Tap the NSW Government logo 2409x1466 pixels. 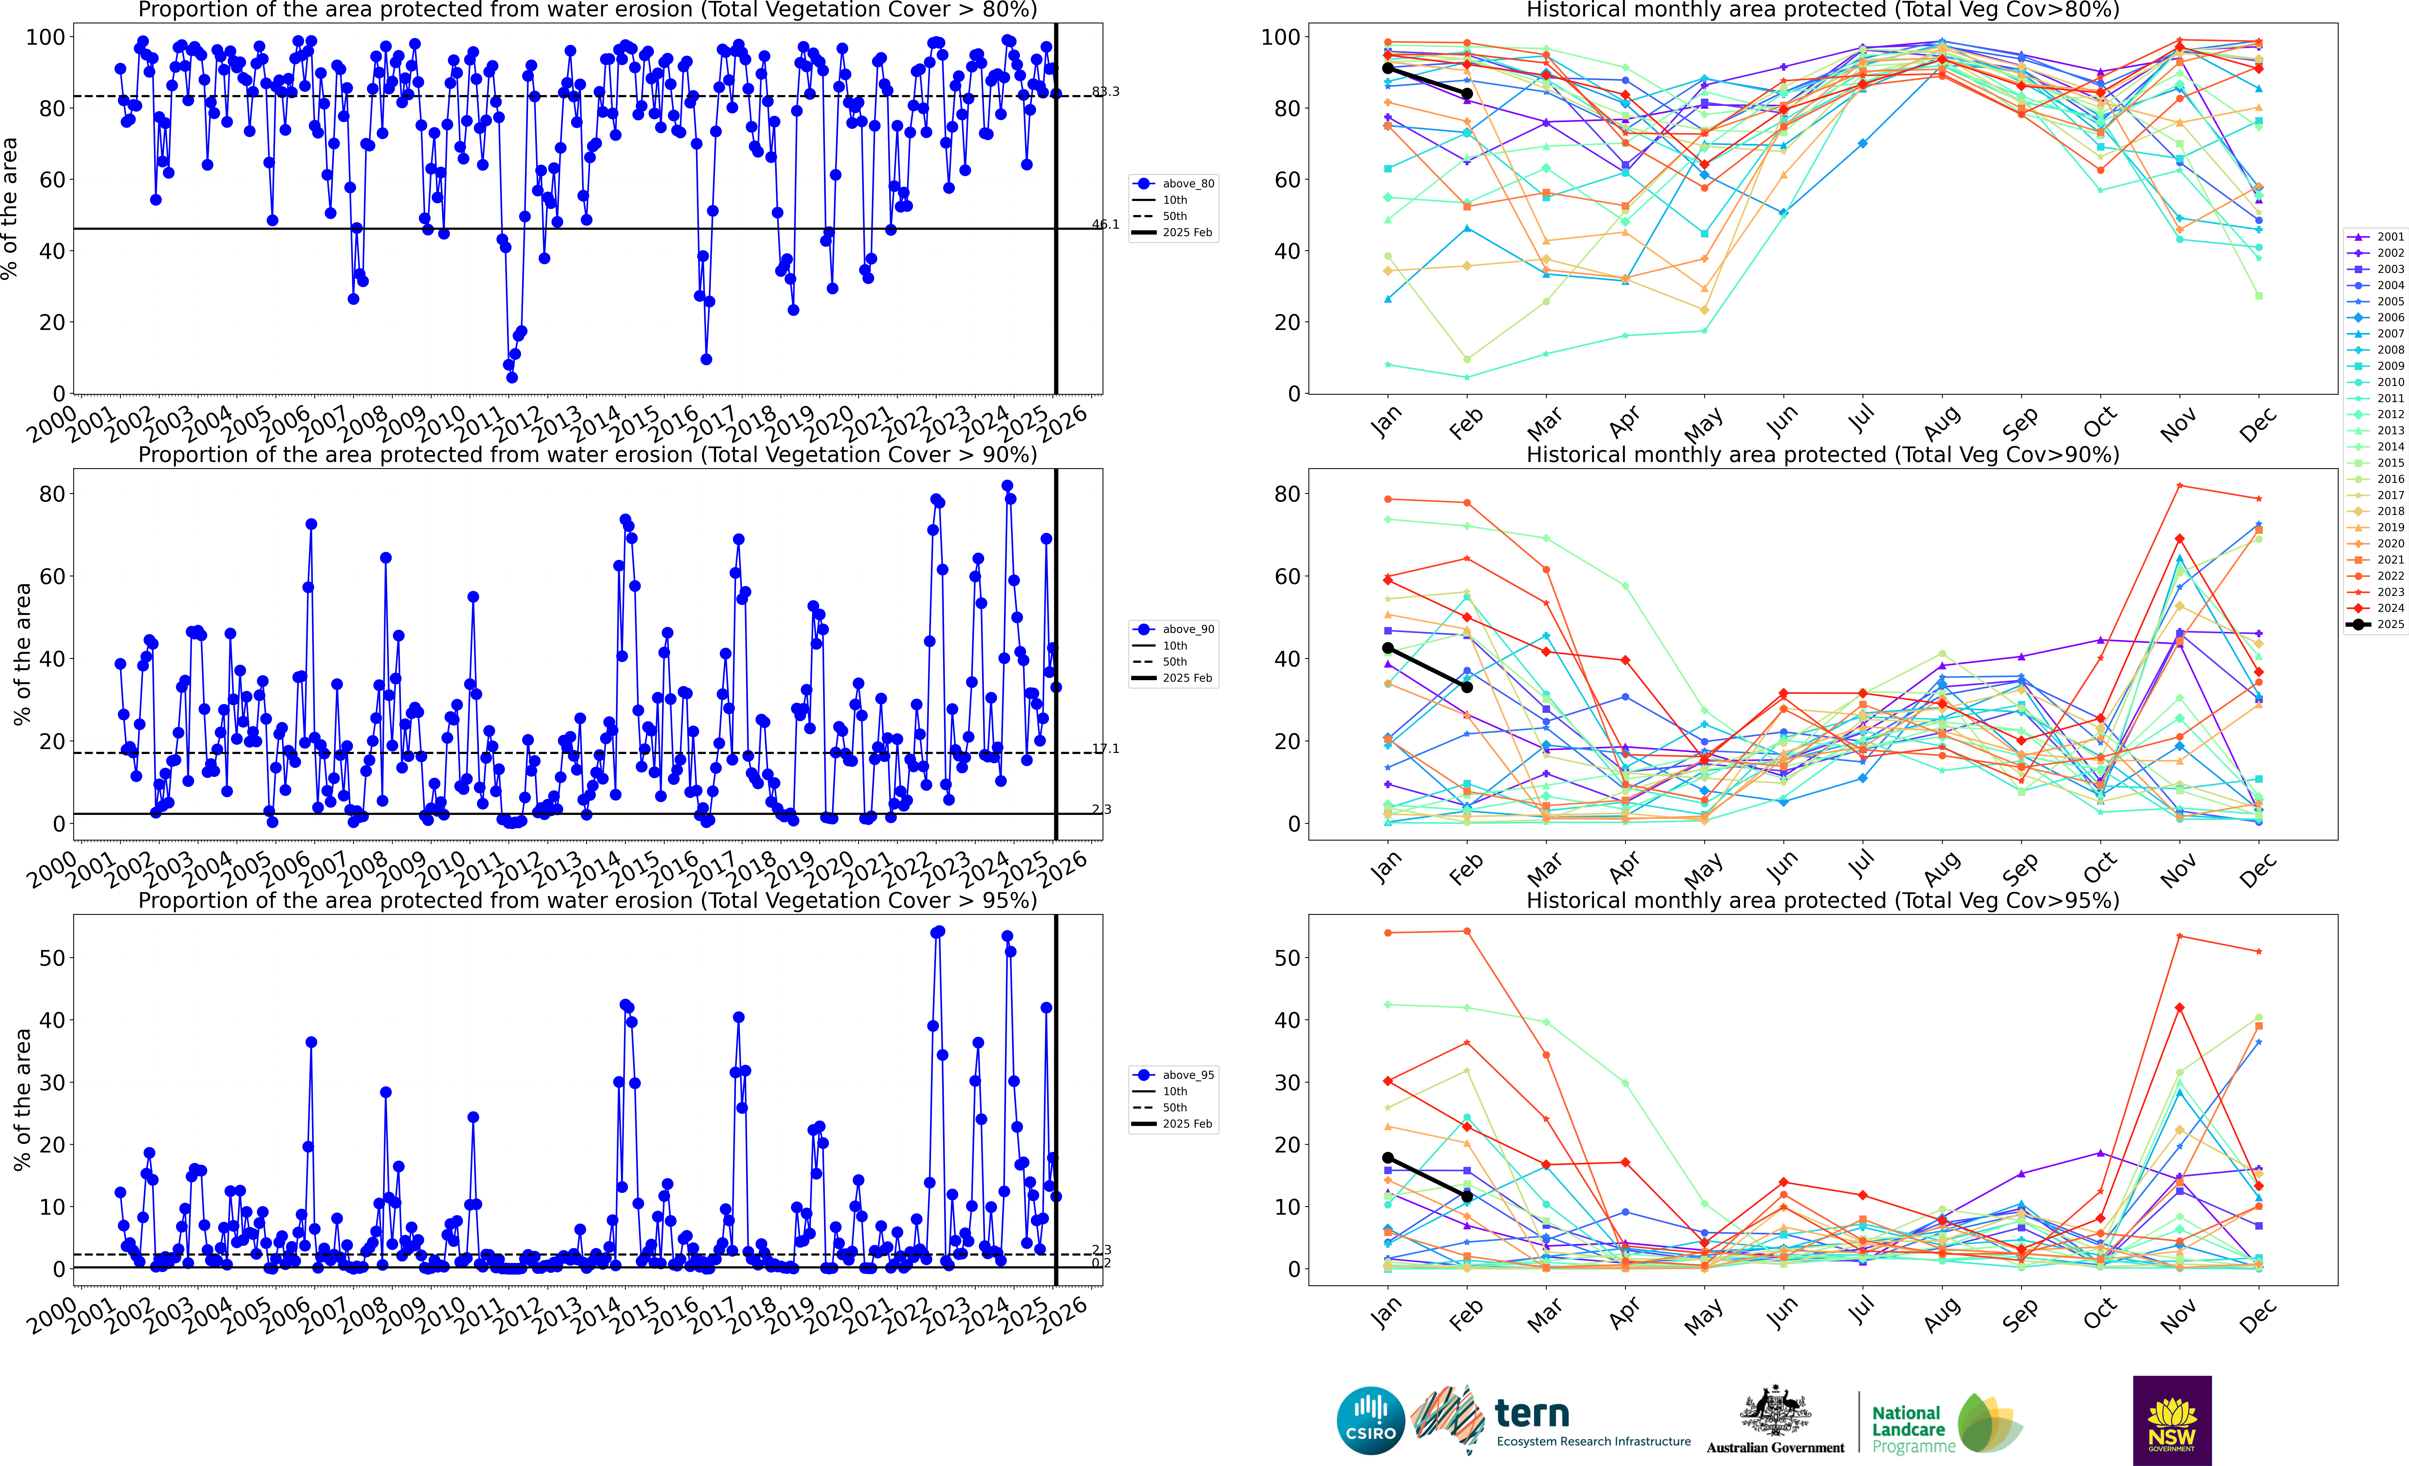pos(2172,1420)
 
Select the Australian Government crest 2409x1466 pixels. pos(1774,1412)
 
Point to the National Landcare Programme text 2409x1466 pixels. pos(1912,1429)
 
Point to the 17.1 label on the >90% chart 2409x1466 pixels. pos(1106,749)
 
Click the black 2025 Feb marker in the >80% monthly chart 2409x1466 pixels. pos(1467,94)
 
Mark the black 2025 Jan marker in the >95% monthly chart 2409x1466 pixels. pos(1387,1158)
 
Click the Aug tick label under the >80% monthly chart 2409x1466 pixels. pos(1942,423)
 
